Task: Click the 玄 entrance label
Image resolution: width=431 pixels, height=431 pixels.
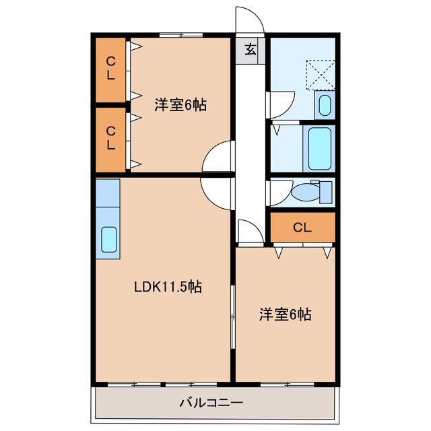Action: pos(250,49)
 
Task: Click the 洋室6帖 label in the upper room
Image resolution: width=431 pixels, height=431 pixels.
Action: pos(180,105)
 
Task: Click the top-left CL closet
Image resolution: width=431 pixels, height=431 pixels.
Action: pos(110,68)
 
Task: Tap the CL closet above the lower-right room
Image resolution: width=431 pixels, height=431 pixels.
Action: pos(302,228)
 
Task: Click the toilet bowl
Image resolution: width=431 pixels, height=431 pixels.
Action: pos(306,193)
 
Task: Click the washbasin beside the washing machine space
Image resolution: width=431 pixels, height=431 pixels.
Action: pos(325,105)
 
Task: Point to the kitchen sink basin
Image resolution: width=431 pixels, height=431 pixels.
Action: pos(108,239)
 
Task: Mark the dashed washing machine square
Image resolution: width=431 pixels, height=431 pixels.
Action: pos(321,74)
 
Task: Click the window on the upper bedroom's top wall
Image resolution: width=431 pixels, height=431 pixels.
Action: pos(181,34)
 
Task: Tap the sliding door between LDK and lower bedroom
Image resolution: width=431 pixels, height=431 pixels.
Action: pos(233,317)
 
